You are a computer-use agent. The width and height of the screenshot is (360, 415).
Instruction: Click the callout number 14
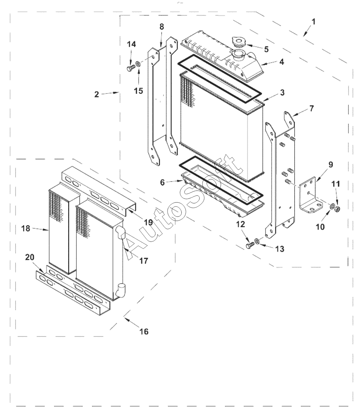pyautogui.click(x=131, y=44)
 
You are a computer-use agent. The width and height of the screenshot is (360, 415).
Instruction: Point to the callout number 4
pyautogui.click(x=282, y=62)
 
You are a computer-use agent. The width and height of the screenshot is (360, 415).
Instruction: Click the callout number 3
pyautogui.click(x=282, y=93)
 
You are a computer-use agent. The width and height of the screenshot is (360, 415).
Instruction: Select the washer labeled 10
pyautogui.click(x=332, y=206)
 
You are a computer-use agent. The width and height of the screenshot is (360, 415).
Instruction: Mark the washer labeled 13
pyautogui.click(x=257, y=241)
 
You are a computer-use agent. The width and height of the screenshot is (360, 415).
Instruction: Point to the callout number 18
pyautogui.click(x=26, y=228)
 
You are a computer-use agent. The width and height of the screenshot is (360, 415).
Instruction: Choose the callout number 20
pyautogui.click(x=29, y=257)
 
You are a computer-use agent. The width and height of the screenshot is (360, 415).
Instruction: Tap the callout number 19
pyautogui.click(x=148, y=222)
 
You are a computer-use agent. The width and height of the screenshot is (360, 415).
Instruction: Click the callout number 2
pyautogui.click(x=97, y=94)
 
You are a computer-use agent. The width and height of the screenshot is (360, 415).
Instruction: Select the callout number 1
pyautogui.click(x=313, y=22)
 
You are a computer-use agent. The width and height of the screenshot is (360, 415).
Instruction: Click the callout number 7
pyautogui.click(x=311, y=109)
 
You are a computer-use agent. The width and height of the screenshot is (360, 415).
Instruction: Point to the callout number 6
pyautogui.click(x=162, y=182)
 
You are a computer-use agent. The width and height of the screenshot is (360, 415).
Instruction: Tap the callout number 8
pyautogui.click(x=162, y=27)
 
